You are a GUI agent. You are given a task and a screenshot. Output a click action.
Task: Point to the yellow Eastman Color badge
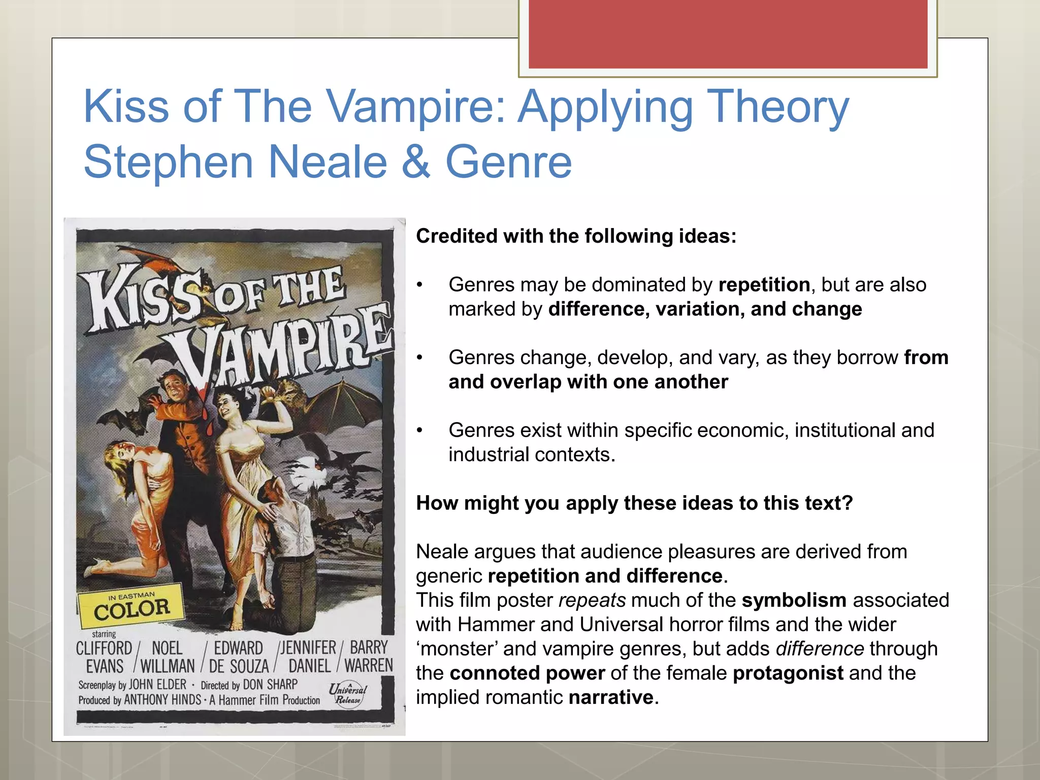pos(131,606)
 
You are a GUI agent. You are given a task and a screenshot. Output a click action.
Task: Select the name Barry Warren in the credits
pos(369,656)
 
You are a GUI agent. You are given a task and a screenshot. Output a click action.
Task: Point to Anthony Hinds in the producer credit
pos(162,700)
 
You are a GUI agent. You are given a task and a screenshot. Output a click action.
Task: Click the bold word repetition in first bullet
pos(764,285)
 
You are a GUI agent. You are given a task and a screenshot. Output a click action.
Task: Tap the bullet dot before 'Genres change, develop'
pos(419,358)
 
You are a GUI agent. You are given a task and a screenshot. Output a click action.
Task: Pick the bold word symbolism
pos(794,600)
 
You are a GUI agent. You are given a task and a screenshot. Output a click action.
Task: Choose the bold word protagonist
pos(788,673)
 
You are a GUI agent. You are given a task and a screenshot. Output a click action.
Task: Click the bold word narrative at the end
pos(610,697)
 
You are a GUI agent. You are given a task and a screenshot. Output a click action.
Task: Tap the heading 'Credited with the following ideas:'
pos(576,236)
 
